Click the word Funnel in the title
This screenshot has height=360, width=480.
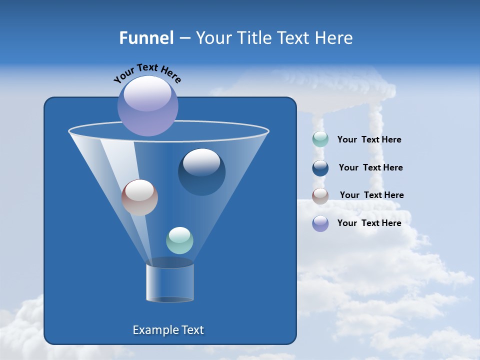(146, 38)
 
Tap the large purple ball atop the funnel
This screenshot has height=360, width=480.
(148, 107)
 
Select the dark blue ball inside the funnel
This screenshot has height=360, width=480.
(201, 172)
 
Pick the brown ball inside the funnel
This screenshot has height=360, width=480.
(139, 197)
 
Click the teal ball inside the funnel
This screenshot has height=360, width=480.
(179, 240)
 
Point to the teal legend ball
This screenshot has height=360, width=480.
(320, 139)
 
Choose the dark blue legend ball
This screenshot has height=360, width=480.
(320, 168)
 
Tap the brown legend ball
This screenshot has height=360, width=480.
(320, 195)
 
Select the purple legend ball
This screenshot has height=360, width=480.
(320, 223)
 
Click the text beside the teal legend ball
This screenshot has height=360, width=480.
(369, 140)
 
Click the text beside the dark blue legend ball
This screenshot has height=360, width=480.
(370, 168)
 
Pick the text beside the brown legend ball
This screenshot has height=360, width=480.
(371, 195)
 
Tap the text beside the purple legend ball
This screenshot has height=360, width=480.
(369, 223)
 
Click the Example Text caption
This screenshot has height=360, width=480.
(168, 330)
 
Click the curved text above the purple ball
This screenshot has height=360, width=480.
(147, 71)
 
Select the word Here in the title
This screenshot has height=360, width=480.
(334, 38)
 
